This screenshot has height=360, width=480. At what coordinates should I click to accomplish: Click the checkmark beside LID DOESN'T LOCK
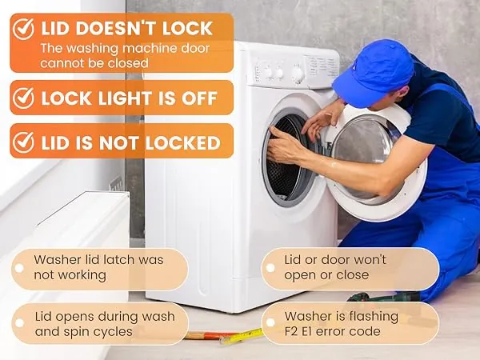(23, 29)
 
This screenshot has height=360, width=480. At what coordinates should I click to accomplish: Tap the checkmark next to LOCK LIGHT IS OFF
(23, 98)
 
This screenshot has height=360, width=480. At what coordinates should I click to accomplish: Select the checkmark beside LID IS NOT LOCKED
(23, 142)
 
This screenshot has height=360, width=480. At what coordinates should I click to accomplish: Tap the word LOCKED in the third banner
(182, 142)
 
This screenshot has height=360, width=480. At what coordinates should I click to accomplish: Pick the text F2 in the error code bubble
(293, 331)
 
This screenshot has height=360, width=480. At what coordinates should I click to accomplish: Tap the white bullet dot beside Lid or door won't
(270, 268)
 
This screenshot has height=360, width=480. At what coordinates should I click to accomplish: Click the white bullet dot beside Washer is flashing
(270, 322)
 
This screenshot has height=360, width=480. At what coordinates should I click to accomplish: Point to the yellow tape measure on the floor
(242, 336)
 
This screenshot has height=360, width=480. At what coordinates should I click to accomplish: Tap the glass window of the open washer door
(366, 150)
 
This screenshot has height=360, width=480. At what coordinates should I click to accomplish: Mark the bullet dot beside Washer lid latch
(19, 268)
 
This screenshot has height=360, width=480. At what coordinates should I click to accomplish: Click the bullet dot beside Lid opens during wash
(19, 323)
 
